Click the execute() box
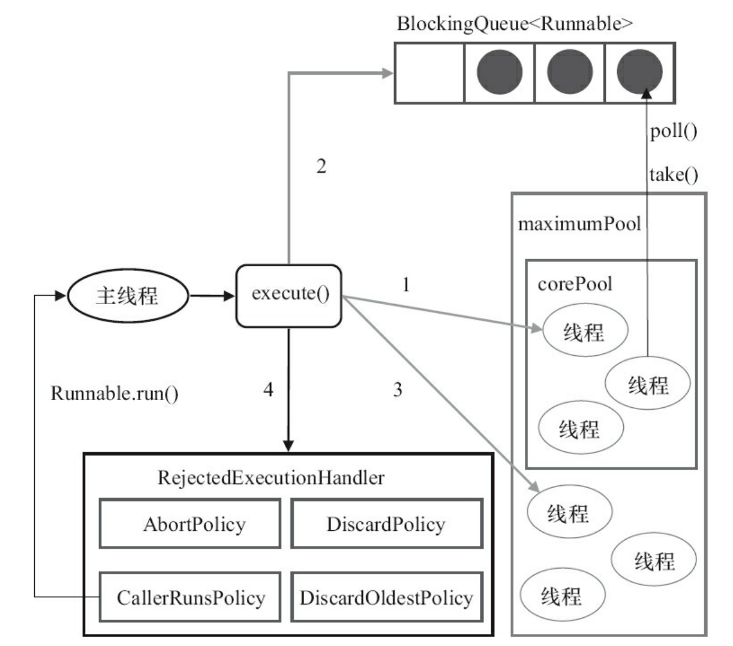289,296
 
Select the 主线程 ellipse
128,296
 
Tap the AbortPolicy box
190,524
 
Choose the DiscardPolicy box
386,524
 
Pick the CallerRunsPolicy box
190,597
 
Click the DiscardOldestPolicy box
386,597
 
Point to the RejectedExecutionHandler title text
271,478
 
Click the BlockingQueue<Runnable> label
515,24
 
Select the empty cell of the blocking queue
429,73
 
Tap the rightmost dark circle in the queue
639,73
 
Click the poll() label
674,131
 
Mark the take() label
674,175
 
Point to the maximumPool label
579,224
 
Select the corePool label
575,283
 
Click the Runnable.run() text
114,393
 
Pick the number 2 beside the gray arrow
322,166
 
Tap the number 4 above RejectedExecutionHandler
268,390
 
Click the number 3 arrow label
397,390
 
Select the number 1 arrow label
406,284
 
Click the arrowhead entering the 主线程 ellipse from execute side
60,296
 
